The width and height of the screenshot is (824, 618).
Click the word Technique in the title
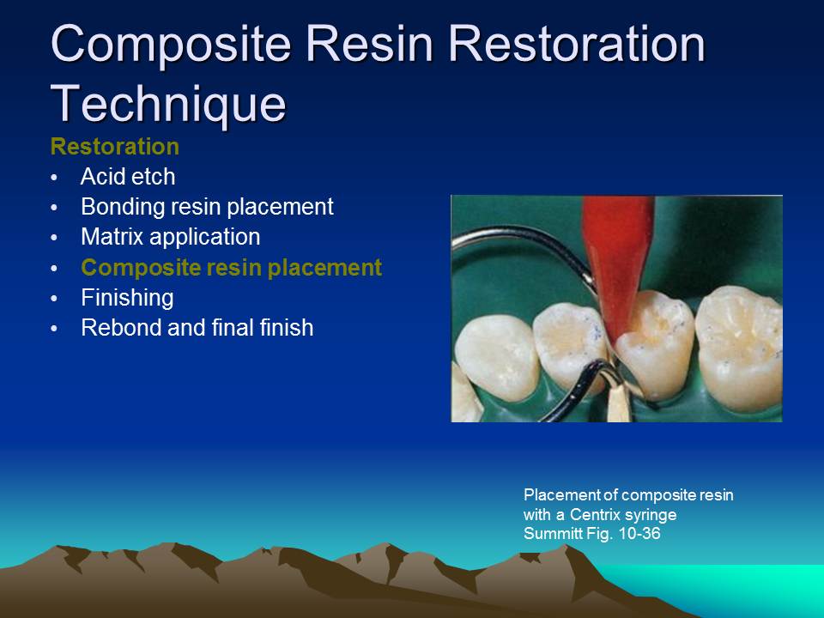tap(167, 103)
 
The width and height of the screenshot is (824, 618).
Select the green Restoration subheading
tap(115, 146)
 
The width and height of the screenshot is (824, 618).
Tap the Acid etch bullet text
tap(128, 177)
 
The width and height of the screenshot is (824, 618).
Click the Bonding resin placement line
tap(207, 207)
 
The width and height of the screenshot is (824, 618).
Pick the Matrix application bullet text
tap(170, 236)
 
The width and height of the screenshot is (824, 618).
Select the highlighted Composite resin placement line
tap(231, 267)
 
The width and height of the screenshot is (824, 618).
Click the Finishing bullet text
tap(127, 298)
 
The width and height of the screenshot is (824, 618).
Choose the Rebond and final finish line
tap(197, 327)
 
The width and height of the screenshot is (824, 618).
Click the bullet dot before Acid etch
tap(56, 178)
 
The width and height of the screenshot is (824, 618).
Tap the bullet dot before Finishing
tap(56, 299)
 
